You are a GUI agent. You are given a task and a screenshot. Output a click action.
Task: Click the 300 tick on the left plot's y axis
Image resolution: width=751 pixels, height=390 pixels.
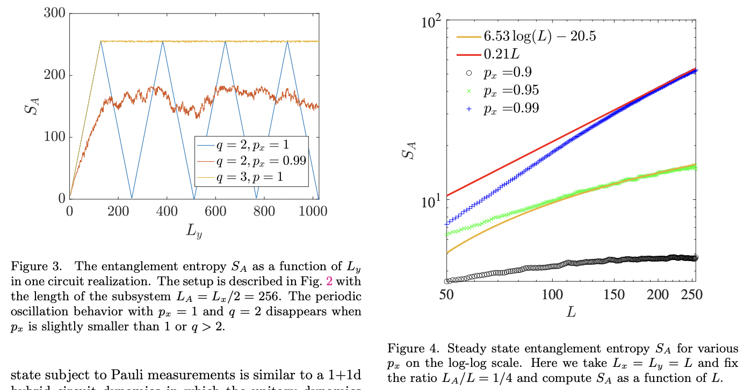click(x=55, y=13)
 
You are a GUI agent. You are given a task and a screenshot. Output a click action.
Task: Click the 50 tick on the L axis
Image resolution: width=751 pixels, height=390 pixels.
click(x=446, y=294)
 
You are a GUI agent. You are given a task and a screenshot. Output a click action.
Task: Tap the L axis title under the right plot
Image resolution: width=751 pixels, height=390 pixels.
click(x=571, y=312)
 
